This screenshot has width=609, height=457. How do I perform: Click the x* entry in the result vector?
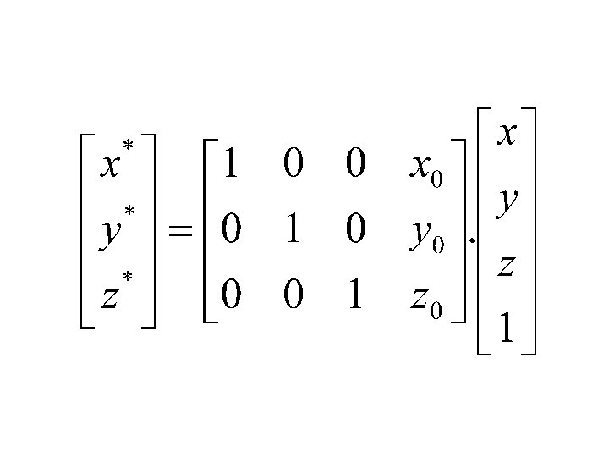coord(116,161)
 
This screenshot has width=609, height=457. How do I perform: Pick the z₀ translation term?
coord(425,298)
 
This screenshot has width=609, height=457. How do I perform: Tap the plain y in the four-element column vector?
coord(507,201)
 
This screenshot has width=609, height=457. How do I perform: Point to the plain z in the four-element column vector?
coord(506,265)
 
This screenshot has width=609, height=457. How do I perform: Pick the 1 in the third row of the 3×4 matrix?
coord(355,295)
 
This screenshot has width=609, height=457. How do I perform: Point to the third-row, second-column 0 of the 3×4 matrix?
coord(293,295)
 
